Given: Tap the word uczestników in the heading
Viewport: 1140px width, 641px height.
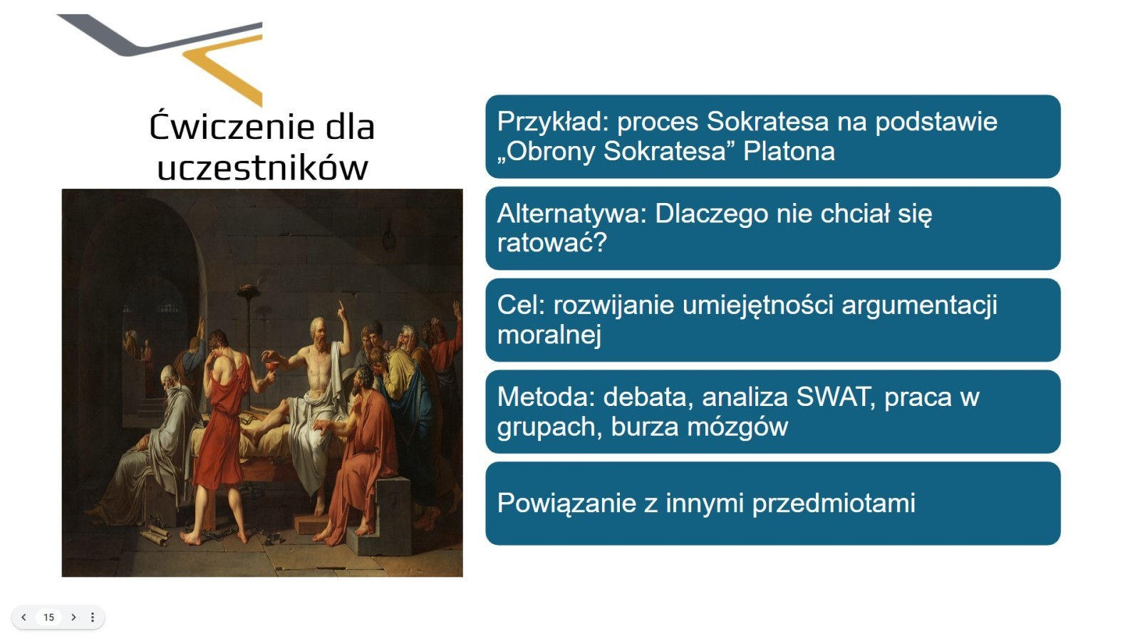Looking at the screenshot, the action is pyautogui.click(x=263, y=167).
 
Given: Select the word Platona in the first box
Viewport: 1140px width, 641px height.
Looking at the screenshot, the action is pyautogui.click(x=789, y=151).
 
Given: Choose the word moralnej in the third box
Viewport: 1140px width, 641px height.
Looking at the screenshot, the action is pyautogui.click(x=549, y=335).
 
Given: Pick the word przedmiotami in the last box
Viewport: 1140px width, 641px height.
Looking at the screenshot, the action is pyautogui.click(x=834, y=504).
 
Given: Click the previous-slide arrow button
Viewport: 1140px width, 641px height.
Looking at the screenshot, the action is pyautogui.click(x=24, y=617).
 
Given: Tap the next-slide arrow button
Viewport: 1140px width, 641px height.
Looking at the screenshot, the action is pyautogui.click(x=74, y=617).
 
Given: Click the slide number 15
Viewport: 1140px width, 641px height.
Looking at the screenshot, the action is pyautogui.click(x=49, y=617).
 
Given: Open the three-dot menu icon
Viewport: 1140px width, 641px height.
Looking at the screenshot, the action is pyautogui.click(x=93, y=617).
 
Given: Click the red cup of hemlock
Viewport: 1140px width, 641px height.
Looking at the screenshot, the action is pyautogui.click(x=268, y=367).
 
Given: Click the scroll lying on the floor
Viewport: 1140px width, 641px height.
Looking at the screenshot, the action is pyautogui.click(x=155, y=535).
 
